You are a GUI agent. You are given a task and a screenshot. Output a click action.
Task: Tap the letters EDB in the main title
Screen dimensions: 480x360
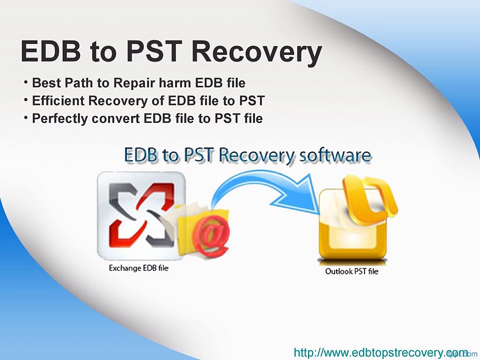pyautogui.click(x=51, y=51)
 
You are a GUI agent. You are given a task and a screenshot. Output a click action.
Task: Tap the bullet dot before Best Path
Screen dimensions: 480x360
pyautogui.click(x=26, y=81)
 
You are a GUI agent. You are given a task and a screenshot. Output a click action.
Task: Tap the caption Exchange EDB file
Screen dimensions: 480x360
pyautogui.click(x=138, y=268)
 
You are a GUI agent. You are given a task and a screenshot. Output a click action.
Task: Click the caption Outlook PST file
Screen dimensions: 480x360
pyautogui.click(x=351, y=271)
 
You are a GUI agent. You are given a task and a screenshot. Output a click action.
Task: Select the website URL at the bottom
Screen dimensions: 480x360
pyautogui.click(x=381, y=352)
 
